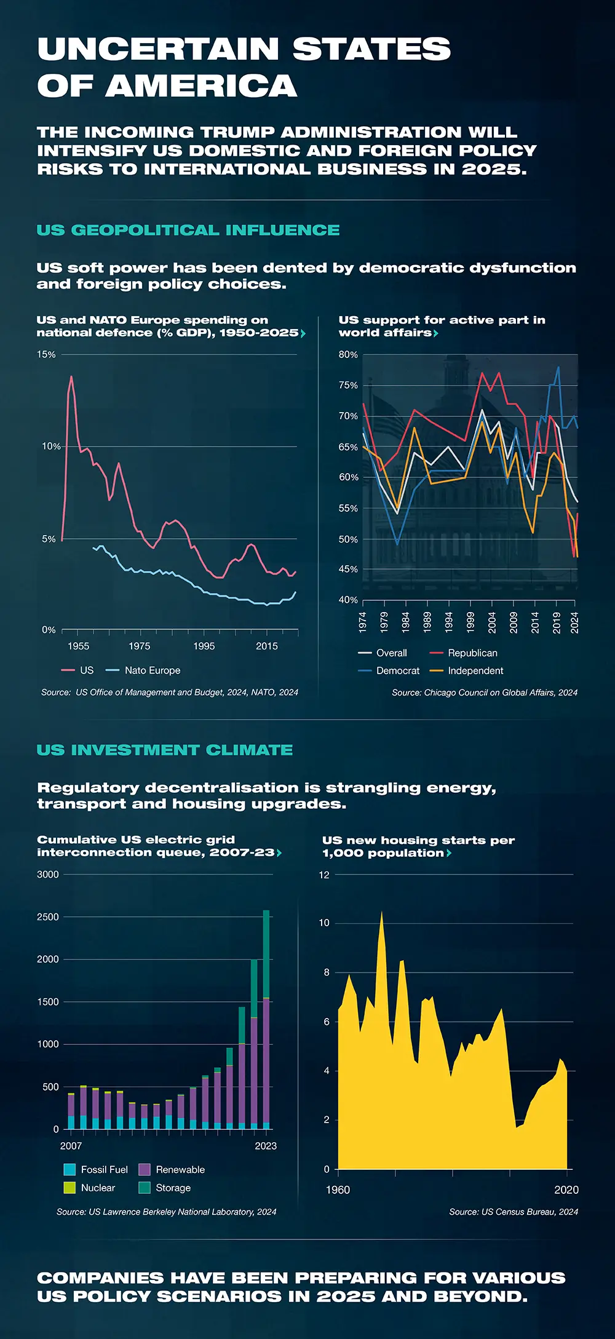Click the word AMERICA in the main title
pyautogui.click(x=201, y=85)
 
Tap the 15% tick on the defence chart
pyautogui.click(x=46, y=355)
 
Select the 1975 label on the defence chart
pyautogui.click(x=140, y=646)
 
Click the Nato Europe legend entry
pyautogui.click(x=152, y=670)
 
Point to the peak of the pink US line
pyautogui.click(x=71, y=376)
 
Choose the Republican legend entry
pyautogui.click(x=472, y=653)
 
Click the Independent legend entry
pyautogui.click(x=475, y=671)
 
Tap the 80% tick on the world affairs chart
pyautogui.click(x=348, y=355)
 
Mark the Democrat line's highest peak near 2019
pyautogui.click(x=558, y=367)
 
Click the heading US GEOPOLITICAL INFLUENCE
pyautogui.click(x=188, y=230)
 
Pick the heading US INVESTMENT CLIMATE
pyautogui.click(x=165, y=750)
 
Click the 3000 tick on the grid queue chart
pyautogui.click(x=48, y=875)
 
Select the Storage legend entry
pyautogui.click(x=173, y=1188)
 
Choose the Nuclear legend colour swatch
pyautogui.click(x=69, y=1188)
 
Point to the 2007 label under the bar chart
pyautogui.click(x=71, y=1146)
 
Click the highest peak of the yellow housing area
pyautogui.click(x=381, y=913)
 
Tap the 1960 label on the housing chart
pyautogui.click(x=338, y=1190)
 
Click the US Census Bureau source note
pyautogui.click(x=514, y=1212)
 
